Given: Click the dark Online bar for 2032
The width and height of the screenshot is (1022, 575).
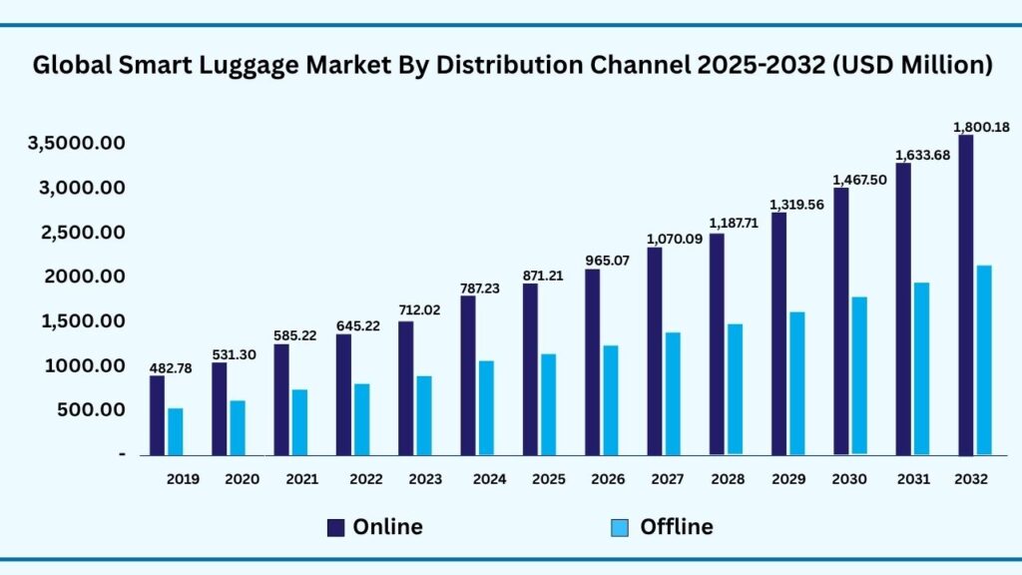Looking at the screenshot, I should point(965,294).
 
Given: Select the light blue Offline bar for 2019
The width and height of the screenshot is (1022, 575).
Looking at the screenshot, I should point(176,431).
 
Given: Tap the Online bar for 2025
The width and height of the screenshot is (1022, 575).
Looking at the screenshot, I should point(530,369).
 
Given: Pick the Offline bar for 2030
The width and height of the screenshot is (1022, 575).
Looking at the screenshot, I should point(859,375).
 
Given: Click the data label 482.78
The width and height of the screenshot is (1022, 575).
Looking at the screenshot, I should point(171,368).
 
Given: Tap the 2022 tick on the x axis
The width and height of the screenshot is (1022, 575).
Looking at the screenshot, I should point(366,479).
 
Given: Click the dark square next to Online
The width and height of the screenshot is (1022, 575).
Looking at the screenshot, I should point(336,527).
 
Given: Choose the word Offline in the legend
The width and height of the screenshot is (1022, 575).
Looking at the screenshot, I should point(676,527).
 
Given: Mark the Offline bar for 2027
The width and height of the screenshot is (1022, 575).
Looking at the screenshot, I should point(673,393).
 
